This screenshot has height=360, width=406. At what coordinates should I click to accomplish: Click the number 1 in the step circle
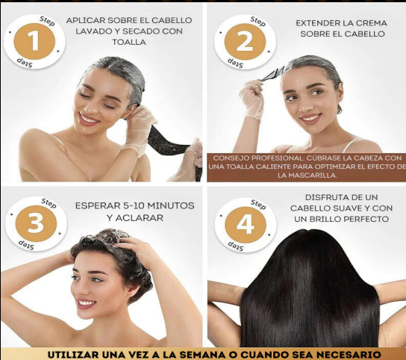coord(34,40)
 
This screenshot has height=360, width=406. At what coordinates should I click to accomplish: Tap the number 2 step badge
coord(245,42)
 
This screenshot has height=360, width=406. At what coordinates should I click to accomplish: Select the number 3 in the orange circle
coord(36,223)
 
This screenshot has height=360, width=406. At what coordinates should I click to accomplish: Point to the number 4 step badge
coord(246,225)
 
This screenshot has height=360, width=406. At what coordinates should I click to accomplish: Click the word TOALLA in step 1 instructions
coord(129,42)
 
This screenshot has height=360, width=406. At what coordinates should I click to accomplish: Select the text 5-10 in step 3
coord(134,205)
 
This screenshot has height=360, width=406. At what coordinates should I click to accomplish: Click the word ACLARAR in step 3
coord(140,217)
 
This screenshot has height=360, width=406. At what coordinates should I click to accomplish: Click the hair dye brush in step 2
coord(272,73)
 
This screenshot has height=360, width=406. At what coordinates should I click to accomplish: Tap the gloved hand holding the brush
coord(252,99)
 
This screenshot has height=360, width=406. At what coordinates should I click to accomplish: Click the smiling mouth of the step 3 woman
coord(87,303)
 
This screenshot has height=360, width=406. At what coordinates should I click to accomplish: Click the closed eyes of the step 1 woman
coord(97,100)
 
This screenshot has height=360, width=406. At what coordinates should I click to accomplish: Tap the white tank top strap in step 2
coord(352,144)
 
